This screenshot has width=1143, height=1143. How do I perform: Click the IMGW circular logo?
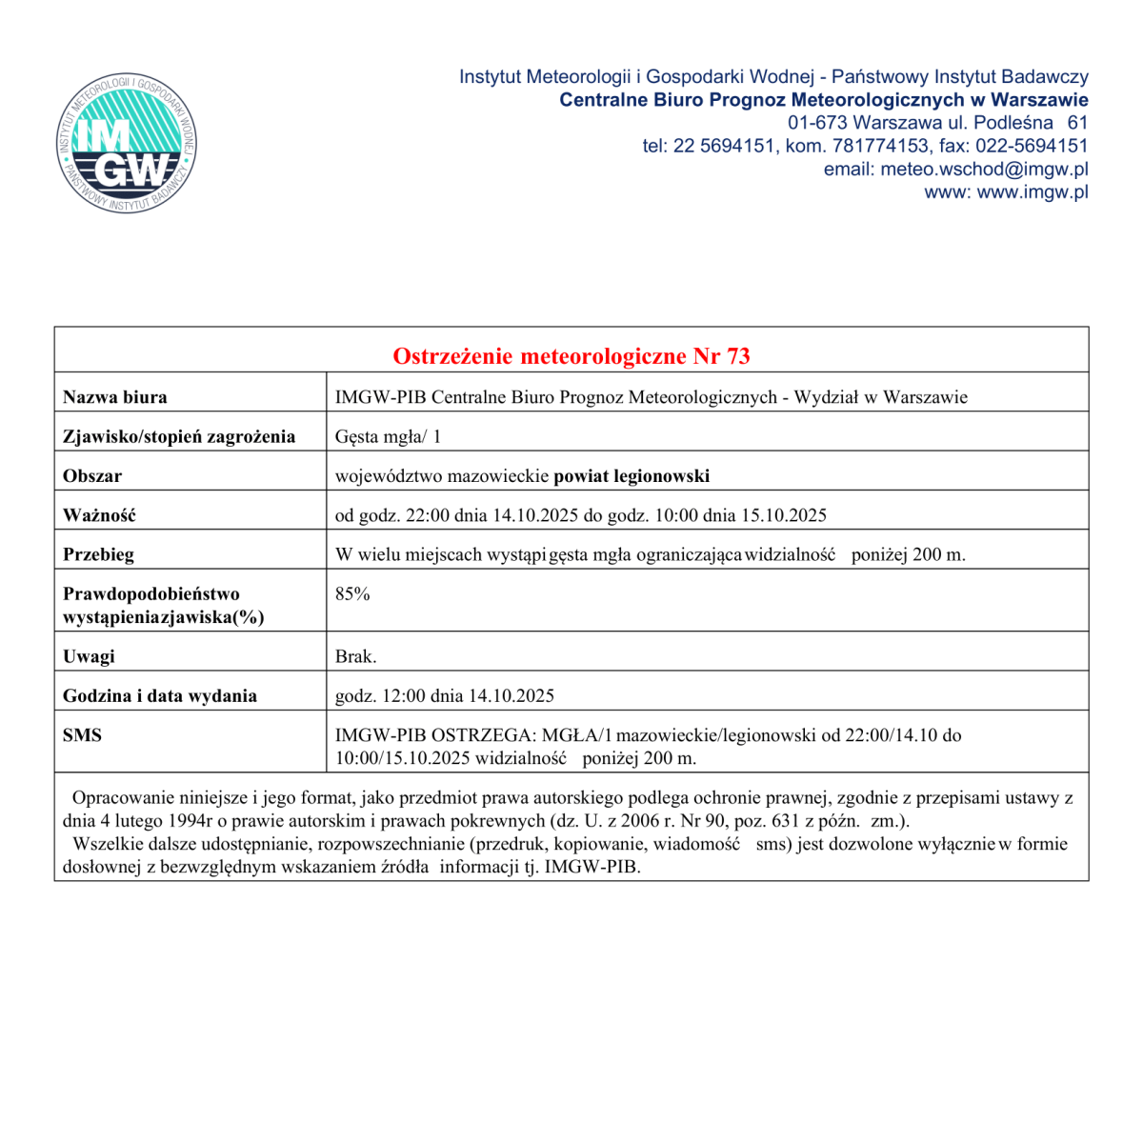click(x=126, y=144)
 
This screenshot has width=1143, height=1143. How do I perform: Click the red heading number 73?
click(x=738, y=356)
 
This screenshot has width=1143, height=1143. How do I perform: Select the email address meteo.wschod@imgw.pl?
click(x=984, y=170)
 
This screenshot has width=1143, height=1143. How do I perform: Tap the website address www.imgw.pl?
click(x=1033, y=192)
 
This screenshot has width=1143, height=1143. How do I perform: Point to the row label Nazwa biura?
click(x=114, y=397)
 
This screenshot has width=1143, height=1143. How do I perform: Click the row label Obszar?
click(x=92, y=476)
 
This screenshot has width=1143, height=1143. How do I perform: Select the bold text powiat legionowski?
click(x=632, y=476)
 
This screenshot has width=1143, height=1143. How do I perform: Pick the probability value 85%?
click(x=352, y=594)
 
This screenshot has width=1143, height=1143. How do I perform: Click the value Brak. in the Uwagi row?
click(x=355, y=657)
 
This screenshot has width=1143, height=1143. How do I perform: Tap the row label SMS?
click(x=82, y=735)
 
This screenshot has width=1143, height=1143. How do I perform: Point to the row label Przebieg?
click(x=98, y=554)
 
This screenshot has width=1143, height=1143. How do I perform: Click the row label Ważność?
click(x=99, y=515)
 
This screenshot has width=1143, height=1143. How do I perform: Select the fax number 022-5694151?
click(x=1034, y=147)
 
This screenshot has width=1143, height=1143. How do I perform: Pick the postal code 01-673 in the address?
click(x=817, y=123)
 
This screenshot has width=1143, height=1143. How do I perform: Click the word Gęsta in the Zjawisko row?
click(x=357, y=437)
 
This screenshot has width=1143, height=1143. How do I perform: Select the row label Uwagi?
click(x=89, y=657)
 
